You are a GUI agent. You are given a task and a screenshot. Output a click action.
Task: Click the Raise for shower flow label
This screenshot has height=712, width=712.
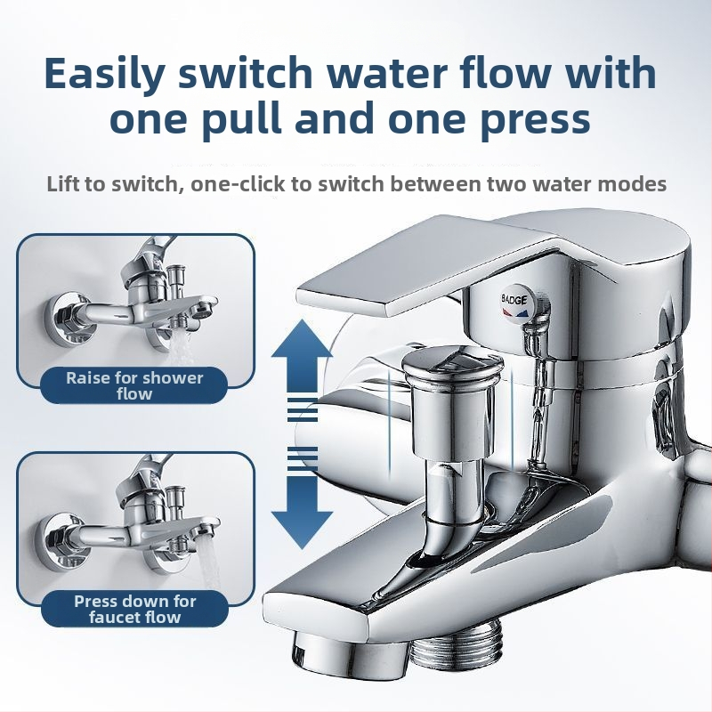pyautogui.click(x=134, y=385)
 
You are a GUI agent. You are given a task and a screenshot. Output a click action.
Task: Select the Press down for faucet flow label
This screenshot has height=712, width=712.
pyautogui.click(x=134, y=609)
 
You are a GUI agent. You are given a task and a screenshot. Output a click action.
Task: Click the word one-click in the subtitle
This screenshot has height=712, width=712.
pyautogui.click(x=238, y=184)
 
